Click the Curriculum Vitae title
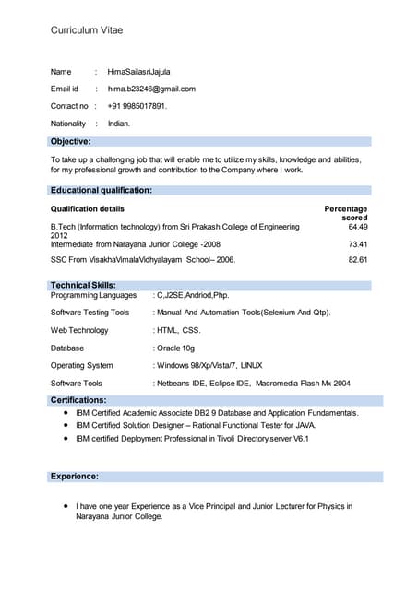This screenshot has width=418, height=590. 87,30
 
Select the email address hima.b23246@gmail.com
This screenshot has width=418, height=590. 151,88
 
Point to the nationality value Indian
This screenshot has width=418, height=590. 119,124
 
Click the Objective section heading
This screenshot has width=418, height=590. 70,141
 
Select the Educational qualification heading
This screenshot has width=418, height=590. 102,190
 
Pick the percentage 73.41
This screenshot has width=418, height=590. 358,244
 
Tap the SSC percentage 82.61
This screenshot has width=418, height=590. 358,260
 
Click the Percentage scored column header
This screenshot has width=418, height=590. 346,213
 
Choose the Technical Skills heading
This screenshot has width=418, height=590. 83,286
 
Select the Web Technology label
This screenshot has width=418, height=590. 79,330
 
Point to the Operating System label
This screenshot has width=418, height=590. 82,365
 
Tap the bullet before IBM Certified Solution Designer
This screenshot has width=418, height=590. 66,426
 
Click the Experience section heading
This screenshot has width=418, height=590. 75,477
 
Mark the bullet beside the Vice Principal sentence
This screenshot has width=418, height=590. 66,506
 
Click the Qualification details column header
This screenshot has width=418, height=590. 88,209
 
